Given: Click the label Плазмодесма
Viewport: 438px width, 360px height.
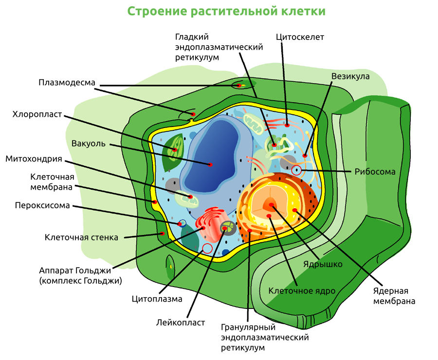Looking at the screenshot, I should (67, 82).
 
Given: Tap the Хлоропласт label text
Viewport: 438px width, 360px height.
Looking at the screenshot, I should (37, 114).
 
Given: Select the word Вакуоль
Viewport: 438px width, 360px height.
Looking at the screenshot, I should (88, 144).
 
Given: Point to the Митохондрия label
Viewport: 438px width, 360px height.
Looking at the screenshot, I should (34, 159).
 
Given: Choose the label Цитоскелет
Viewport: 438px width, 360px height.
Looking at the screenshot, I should (299, 37).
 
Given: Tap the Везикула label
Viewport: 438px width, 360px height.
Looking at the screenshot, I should (350, 76).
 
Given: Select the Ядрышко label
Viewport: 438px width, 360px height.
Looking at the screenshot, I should (323, 264).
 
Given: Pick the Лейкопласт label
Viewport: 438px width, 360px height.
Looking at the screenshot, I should (181, 322).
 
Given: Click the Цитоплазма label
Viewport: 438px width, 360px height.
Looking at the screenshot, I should (157, 299).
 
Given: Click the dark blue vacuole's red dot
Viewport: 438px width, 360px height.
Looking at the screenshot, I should (211, 165).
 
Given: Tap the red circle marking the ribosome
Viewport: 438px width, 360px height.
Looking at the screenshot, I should (296, 170).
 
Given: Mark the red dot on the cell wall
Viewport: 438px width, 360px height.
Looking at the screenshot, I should (162, 234).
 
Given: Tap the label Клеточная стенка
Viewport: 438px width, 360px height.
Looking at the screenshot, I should (81, 237).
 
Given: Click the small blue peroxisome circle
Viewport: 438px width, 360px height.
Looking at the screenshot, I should (182, 223).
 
